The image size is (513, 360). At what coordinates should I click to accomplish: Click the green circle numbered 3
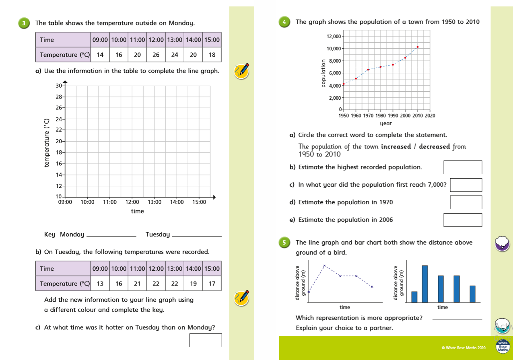(x=24, y=23)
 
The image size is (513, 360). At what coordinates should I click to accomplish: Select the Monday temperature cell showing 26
(x=156, y=55)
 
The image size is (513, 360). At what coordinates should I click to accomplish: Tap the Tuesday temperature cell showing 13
(x=100, y=284)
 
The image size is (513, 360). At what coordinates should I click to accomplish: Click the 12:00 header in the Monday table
(x=156, y=40)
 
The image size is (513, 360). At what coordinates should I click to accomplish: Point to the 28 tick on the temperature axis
(x=59, y=97)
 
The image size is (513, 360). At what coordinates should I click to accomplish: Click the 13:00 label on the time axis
(x=155, y=202)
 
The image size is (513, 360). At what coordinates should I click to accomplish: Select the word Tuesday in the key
(x=157, y=235)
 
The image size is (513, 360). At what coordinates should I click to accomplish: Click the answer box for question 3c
(x=205, y=340)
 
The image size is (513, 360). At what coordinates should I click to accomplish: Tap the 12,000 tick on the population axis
(x=334, y=37)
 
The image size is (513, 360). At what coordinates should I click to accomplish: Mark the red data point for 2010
(x=418, y=47)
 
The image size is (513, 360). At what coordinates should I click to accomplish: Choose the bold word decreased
(x=434, y=147)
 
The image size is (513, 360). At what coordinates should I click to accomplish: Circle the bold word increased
(x=396, y=147)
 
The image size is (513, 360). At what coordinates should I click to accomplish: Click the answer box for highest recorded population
(x=462, y=167)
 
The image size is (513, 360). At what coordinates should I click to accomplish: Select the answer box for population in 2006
(x=462, y=220)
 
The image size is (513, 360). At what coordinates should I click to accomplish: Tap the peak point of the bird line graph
(x=324, y=265)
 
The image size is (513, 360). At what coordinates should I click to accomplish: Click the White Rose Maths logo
(x=503, y=347)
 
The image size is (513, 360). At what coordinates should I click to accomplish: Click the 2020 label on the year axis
(x=430, y=116)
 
